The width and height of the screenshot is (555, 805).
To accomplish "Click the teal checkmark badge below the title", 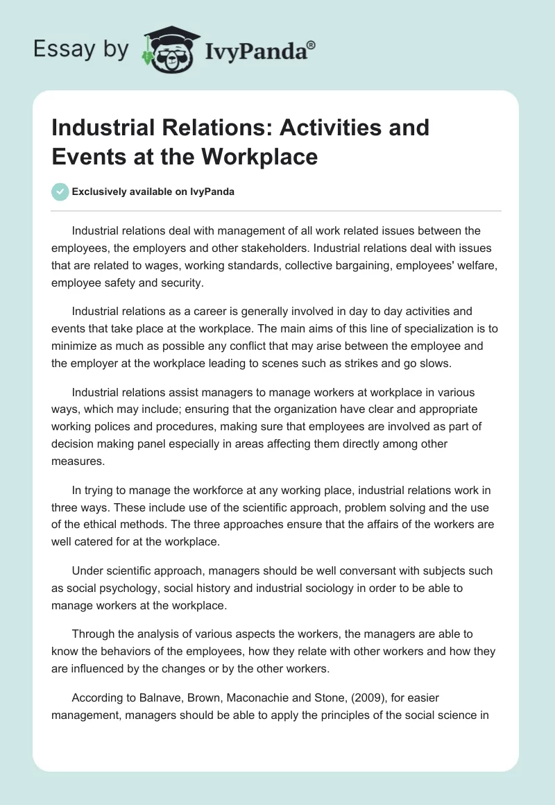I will (60, 192).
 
